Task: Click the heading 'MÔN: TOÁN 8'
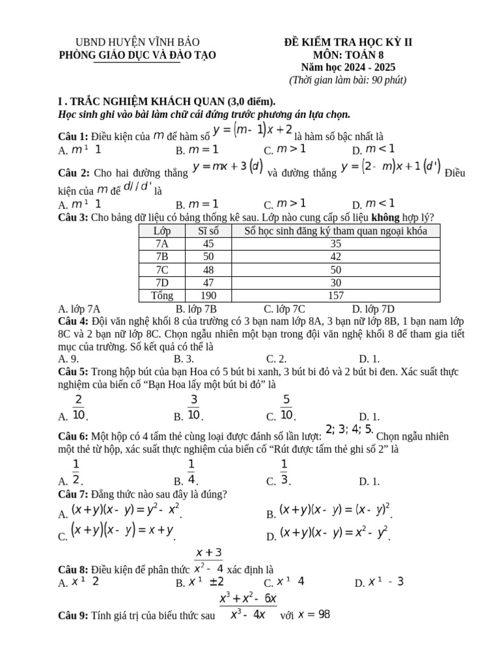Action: point(348,55)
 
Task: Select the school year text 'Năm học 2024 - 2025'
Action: point(348,67)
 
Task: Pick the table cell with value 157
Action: point(336,296)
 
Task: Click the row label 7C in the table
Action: point(162,270)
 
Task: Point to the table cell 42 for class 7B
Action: point(336,257)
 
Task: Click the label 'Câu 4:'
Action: point(73,322)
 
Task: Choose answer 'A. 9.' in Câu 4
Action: point(69,358)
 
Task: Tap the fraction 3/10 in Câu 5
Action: point(193,407)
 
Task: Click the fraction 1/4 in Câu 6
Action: point(191,472)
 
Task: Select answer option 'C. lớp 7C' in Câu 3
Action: point(285,309)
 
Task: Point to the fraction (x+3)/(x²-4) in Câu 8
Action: point(208,560)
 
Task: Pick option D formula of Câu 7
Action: point(334,533)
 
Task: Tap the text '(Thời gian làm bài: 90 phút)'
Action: point(348,80)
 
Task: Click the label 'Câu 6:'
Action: point(73,436)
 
